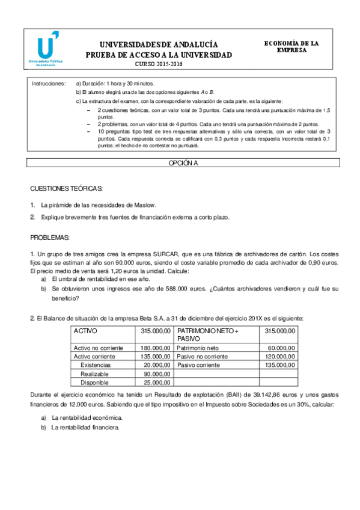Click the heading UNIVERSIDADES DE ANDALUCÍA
158,45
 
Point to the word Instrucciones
48,84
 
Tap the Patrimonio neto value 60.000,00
282,348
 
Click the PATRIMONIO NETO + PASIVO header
208,335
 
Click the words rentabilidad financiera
93,428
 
